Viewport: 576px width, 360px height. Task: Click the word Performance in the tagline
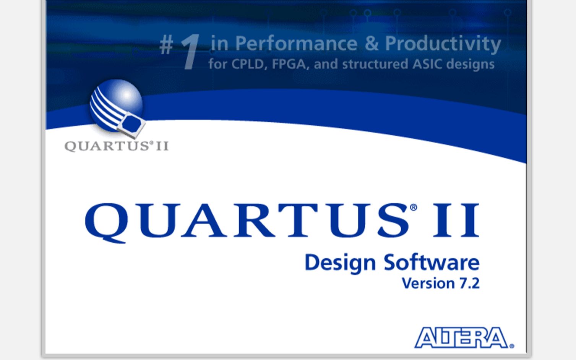[x=296, y=44]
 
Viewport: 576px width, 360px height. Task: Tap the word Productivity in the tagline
[x=443, y=44]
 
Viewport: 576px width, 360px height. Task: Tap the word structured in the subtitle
[x=375, y=64]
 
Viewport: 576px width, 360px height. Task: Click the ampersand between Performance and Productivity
[x=371, y=44]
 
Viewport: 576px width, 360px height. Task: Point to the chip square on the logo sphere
[x=132, y=124]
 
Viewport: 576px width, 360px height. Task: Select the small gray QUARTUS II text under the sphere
[x=116, y=146]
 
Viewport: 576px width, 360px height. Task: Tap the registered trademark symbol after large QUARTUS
[x=413, y=208]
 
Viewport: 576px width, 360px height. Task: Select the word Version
[x=428, y=284]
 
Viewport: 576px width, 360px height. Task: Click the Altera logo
[x=464, y=337]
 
